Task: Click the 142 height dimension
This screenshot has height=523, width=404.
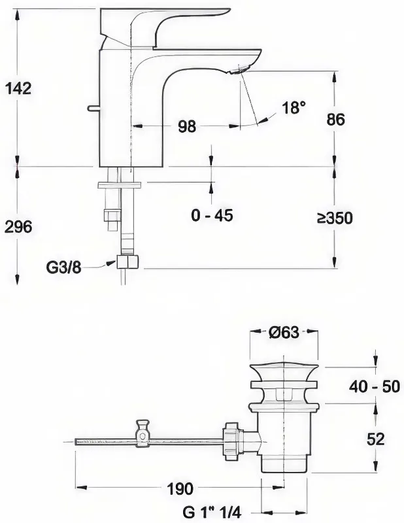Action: pos(19,88)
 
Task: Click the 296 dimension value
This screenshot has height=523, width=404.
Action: pos(19,227)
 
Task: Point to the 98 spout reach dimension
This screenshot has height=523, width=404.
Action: pos(187,126)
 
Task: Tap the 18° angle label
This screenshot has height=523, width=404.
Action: pos(294,108)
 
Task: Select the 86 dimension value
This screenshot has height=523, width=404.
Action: pos(335,120)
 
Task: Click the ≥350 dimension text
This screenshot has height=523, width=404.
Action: pos(335,218)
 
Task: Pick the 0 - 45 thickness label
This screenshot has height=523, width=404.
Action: pos(212,216)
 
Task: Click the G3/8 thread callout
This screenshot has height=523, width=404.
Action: pos(63,267)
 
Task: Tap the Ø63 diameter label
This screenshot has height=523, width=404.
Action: pos(284,332)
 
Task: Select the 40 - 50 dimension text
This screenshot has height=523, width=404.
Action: pos(375,386)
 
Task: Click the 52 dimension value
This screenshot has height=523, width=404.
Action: pos(376,439)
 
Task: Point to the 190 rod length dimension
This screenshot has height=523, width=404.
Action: pos(180,489)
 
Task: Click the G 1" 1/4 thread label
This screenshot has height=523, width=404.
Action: pos(212,511)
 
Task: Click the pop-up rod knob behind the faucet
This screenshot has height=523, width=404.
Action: pos(93,107)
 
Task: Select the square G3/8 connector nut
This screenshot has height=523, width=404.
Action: pos(127,262)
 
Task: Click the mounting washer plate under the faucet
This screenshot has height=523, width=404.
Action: pos(120,185)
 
